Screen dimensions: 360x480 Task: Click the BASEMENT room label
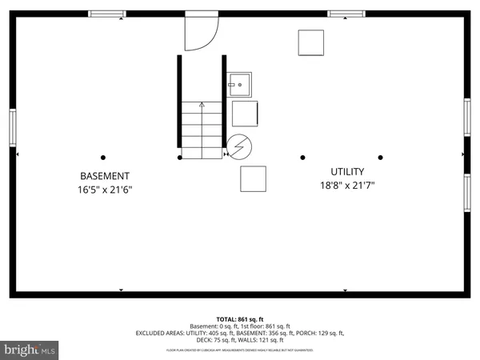[104, 176]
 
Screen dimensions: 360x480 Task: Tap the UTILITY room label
[348, 172]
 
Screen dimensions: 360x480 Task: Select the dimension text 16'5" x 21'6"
[104, 190]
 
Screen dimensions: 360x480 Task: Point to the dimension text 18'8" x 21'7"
[348, 186]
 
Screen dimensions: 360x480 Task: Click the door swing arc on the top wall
[202, 33]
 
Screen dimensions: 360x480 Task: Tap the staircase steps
[202, 130]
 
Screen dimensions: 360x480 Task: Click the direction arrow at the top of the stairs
[202, 104]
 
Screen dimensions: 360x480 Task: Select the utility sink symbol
[239, 84]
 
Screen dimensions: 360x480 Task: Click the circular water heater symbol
[239, 146]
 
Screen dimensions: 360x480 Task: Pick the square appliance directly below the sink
[245, 114]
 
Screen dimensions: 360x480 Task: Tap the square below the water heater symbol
[253, 178]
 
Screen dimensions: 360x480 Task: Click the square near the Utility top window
[311, 42]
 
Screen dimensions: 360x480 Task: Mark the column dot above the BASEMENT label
[103, 158]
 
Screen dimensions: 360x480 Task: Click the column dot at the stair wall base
[179, 158]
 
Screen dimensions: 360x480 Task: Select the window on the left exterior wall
[12, 127]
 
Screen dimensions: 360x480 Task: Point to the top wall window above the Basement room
[106, 14]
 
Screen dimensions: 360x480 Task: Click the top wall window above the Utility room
[346, 14]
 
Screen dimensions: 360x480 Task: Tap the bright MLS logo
[30, 350]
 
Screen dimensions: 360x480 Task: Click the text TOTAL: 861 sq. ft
[240, 318]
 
